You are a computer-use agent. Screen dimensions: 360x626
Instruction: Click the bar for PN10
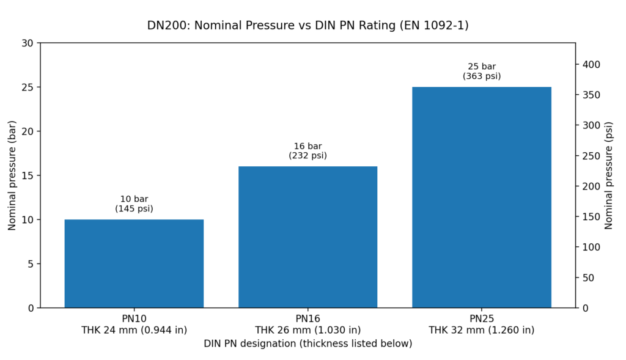[134, 263]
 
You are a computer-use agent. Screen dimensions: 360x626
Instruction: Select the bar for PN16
[307, 237]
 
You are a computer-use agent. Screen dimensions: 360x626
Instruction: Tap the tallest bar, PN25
[481, 197]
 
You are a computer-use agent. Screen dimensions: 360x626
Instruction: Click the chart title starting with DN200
[307, 26]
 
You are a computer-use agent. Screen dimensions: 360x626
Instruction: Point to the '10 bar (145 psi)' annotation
[134, 204]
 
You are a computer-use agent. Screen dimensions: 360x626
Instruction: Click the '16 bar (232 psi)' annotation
[307, 151]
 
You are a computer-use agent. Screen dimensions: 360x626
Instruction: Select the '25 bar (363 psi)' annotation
[481, 72]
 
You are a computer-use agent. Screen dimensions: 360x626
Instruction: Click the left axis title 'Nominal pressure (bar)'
[12, 175]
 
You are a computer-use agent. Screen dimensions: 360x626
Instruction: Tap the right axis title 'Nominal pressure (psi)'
[608, 175]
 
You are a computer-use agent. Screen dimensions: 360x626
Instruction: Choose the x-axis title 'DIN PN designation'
[307, 343]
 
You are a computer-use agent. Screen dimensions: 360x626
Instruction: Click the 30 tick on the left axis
[28, 43]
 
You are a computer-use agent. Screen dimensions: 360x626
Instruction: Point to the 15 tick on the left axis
[28, 175]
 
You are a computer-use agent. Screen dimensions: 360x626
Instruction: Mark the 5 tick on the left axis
[31, 264]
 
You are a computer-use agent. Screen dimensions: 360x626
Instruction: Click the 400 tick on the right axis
[591, 64]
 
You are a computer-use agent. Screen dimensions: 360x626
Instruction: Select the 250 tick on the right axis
[591, 156]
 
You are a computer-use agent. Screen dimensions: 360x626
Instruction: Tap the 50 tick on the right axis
[588, 277]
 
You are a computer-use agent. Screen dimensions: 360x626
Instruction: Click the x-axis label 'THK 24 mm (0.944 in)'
[134, 330]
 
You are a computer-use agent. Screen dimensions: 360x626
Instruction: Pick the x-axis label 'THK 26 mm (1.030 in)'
[307, 330]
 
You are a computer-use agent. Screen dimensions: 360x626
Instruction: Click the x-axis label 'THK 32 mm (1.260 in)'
[481, 330]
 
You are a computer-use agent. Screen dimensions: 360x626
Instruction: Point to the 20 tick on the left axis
[28, 131]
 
